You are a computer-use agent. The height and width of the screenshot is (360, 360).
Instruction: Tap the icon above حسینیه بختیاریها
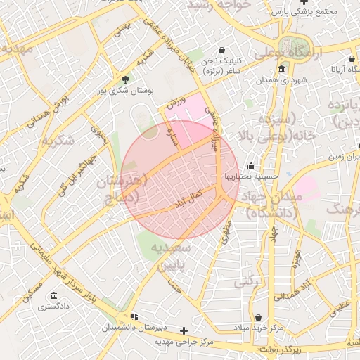[251, 166]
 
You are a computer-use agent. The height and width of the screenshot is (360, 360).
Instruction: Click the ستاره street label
[170, 131]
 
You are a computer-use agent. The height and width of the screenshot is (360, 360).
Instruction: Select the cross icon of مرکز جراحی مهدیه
[184, 330]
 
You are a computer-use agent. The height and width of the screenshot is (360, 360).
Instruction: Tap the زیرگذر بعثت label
[280, 349]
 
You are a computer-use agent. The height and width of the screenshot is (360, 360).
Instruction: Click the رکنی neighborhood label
[244, 281]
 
